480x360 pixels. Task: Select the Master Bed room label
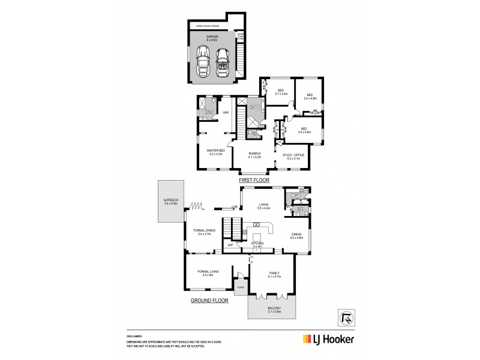(215, 152)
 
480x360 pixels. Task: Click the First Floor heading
(254, 179)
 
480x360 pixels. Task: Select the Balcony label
(272, 311)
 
